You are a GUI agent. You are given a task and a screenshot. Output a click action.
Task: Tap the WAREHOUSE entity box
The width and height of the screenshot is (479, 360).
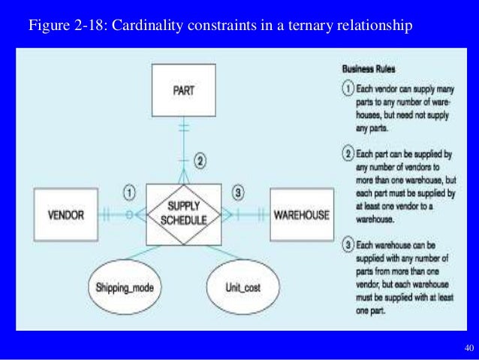point(301,214)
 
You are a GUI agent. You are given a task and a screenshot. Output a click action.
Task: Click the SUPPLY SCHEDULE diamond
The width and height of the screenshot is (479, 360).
point(182,213)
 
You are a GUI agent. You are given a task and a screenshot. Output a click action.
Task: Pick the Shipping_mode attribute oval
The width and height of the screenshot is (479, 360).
point(125,287)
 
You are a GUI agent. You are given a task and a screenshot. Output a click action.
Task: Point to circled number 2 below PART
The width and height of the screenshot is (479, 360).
point(200,161)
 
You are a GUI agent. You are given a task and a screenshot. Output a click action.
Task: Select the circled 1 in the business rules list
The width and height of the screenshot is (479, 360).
point(348,89)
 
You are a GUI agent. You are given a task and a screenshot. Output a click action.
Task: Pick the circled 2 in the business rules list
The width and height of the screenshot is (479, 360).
point(348,156)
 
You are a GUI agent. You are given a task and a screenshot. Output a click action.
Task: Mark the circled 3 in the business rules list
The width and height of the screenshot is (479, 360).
point(348,244)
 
